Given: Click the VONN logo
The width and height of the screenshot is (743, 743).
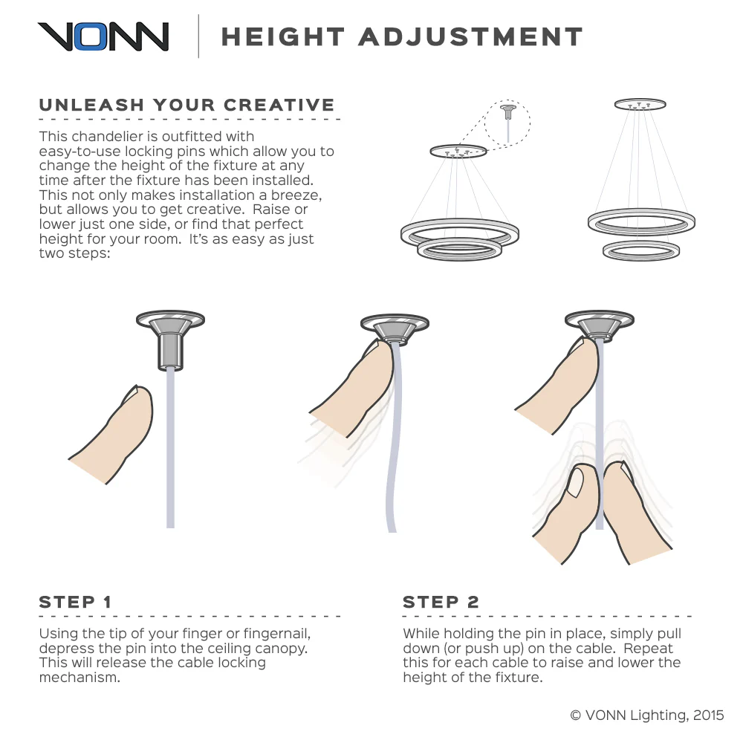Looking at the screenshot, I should click(103, 36).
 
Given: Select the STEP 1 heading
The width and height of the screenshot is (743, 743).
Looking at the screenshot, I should click(75, 602).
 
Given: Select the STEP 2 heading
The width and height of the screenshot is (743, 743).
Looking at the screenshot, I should click(441, 602).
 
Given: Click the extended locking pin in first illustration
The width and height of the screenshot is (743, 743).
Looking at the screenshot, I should click(170, 351).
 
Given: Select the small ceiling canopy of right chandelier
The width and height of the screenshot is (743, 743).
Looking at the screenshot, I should click(640, 104).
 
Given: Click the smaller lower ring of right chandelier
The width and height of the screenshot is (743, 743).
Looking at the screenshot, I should click(641, 250).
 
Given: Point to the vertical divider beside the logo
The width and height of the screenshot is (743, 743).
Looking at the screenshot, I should click(198, 36).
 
